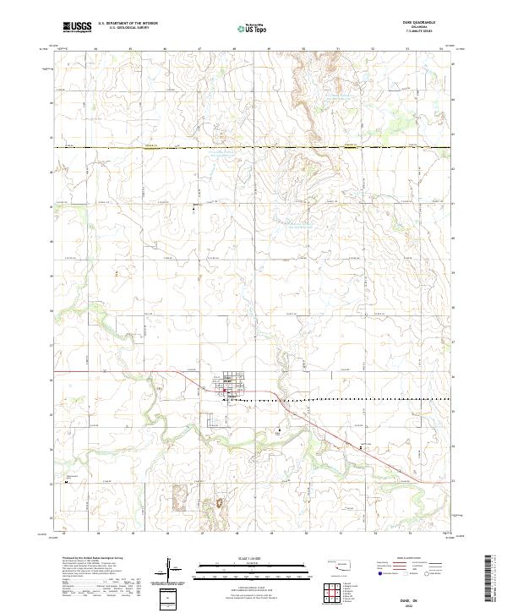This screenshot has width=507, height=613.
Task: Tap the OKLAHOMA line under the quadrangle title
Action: click(x=424, y=28)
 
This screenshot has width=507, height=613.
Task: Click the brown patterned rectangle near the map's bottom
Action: click(x=181, y=498)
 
